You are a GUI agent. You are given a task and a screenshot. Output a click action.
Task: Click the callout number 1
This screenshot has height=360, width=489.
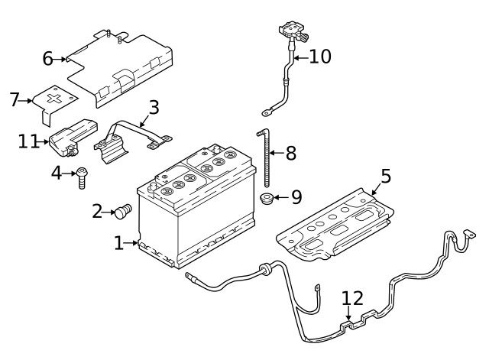(x=118, y=243)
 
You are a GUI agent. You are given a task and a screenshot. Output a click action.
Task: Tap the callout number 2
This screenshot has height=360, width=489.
(x=98, y=211)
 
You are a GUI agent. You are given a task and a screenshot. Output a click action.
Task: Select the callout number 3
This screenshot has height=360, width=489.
(x=154, y=107)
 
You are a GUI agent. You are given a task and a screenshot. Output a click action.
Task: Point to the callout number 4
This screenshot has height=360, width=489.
(x=56, y=174)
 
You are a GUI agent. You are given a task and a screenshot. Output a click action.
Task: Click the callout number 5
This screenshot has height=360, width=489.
(x=386, y=177)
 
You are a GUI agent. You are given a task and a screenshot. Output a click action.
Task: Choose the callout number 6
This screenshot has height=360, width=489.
(x=47, y=58)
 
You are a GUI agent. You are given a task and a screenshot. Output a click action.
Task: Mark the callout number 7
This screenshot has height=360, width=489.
(x=14, y=99)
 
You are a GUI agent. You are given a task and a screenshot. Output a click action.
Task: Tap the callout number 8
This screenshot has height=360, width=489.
(x=290, y=153)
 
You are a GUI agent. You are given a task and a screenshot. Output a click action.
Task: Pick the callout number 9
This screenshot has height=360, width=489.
(x=296, y=197)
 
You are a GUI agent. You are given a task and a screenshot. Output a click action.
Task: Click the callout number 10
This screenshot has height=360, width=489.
(x=321, y=57)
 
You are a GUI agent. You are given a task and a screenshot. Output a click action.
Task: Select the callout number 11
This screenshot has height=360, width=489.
(x=28, y=141)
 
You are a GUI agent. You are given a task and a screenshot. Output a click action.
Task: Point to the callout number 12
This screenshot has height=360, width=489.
(x=352, y=299)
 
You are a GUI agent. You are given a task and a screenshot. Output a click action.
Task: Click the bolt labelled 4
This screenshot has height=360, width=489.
(x=81, y=177)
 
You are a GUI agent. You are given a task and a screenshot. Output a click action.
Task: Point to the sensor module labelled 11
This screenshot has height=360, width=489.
(x=73, y=136)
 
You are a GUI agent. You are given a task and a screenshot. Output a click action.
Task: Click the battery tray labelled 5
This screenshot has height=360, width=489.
(x=336, y=225)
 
